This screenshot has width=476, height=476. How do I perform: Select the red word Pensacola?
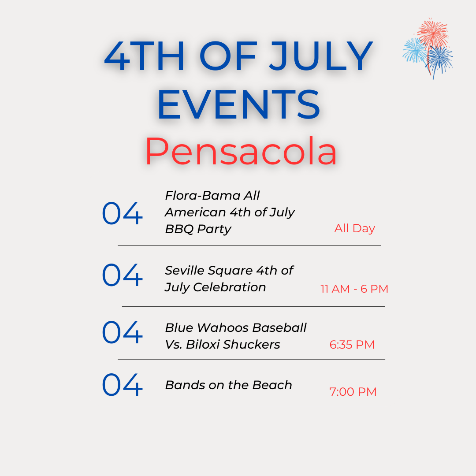coord(241,151)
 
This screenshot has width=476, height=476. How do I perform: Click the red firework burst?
coord(433,33)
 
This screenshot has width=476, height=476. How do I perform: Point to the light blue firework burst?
coord(415,50)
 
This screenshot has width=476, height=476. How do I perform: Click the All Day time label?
coord(354,229)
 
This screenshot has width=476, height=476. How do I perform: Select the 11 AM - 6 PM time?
coord(354,289)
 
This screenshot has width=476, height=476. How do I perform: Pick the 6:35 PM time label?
coord(352,345)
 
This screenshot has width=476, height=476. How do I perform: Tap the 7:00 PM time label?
coord(353,392)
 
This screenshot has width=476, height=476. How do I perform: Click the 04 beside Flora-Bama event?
coord(122,213)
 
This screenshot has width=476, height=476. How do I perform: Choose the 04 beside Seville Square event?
coord(122,275)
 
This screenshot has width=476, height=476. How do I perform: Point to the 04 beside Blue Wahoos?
coord(122,332)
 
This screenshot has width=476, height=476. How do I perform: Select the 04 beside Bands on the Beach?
coord(122,385)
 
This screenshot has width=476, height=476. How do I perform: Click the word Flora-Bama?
coord(202,196)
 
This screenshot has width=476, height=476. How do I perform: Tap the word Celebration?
coord(230,287)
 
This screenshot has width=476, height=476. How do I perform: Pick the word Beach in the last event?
coord(272,385)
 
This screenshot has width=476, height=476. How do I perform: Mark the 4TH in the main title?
coord(144,56)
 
